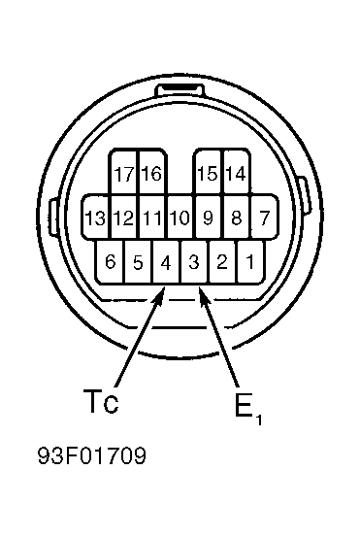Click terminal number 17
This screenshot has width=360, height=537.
[124, 172]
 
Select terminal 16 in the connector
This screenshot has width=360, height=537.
[152, 172]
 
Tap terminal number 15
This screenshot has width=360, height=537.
[209, 172]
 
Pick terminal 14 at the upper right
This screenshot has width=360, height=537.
[237, 172]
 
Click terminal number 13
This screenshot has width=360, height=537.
[96, 217]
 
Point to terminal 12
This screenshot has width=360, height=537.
[125, 217]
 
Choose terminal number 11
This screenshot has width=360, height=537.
[153, 217]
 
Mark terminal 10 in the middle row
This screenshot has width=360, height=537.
[180, 217]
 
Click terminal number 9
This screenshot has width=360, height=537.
[209, 217]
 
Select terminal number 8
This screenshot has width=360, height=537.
[237, 217]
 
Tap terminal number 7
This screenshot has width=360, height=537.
[264, 217]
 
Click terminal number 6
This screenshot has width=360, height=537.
[110, 261]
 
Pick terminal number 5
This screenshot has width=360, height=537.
[138, 261]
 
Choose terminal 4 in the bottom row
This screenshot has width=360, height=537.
[166, 261]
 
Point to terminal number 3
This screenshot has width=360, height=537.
[194, 261]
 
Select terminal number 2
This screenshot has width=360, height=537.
[222, 261]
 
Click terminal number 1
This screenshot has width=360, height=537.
[250, 261]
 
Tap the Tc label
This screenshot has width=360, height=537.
[101, 401]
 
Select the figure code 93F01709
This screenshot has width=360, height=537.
[92, 455]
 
